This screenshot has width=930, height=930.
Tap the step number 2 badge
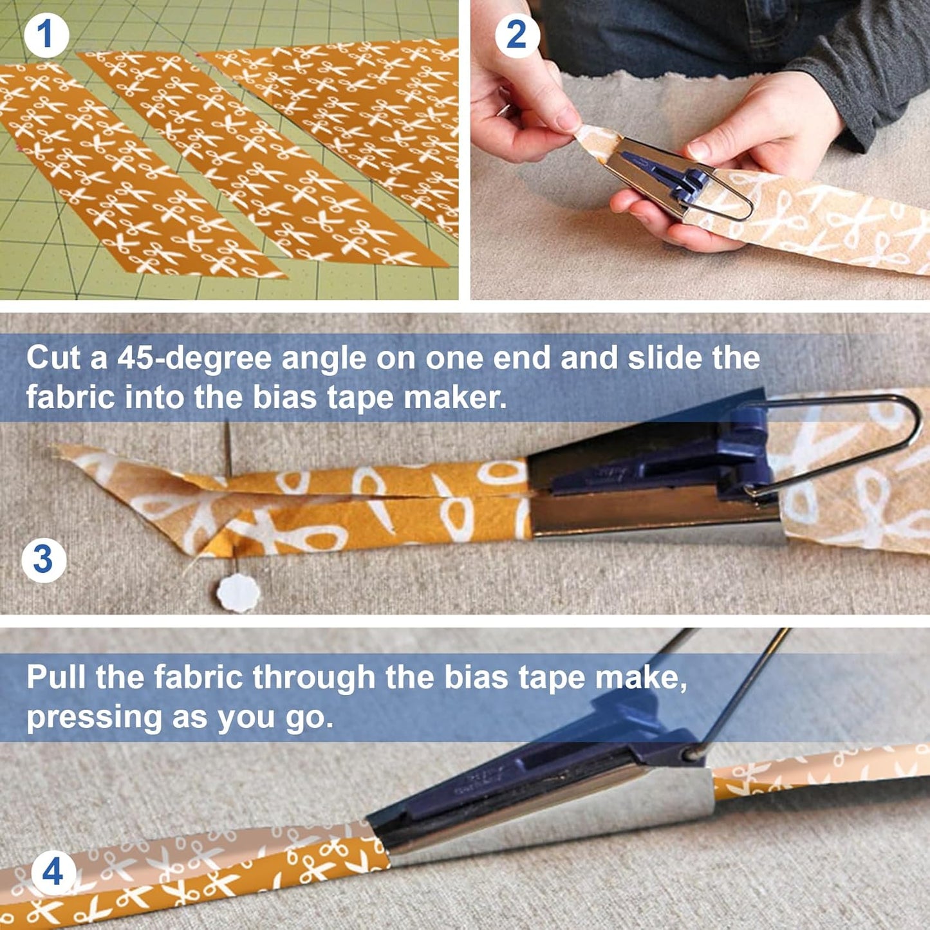517,35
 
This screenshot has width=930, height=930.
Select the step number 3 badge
44,559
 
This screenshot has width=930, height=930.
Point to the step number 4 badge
53,873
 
